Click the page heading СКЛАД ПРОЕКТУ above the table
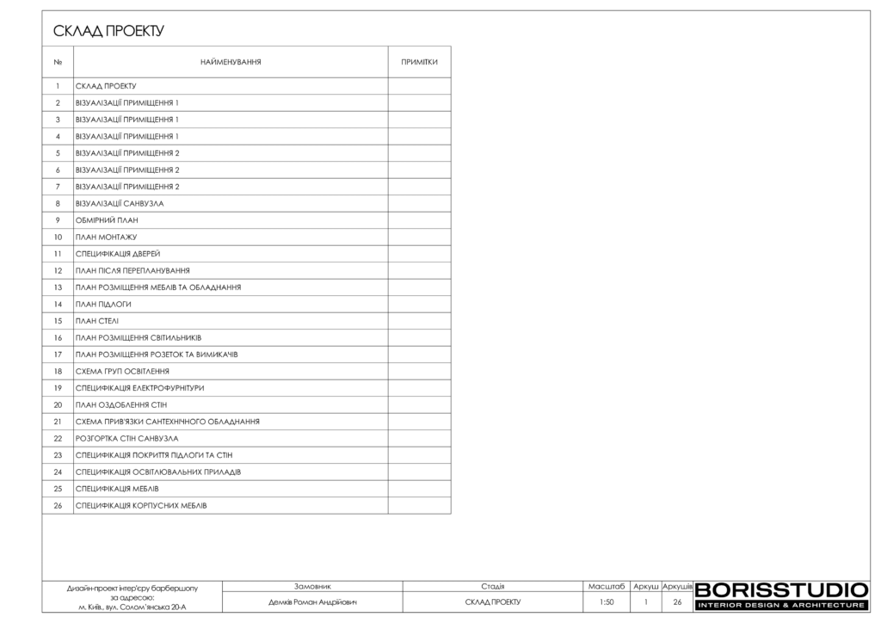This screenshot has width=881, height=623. (x=108, y=32)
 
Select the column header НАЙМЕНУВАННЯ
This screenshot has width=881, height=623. (x=231, y=62)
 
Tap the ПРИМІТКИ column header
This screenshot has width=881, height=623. (x=419, y=62)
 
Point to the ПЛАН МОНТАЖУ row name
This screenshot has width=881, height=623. (x=106, y=237)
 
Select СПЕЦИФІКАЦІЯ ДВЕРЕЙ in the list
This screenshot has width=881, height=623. (x=118, y=254)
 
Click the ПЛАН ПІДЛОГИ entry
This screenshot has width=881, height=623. (x=103, y=305)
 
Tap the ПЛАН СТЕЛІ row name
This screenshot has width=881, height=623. (x=96, y=321)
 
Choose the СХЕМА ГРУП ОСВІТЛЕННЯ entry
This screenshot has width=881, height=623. (x=122, y=372)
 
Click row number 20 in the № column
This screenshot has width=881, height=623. (x=58, y=405)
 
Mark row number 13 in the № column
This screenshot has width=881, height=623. (x=58, y=287)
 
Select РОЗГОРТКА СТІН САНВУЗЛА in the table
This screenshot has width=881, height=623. (x=126, y=439)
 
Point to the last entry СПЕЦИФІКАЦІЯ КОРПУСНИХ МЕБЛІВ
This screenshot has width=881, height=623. (x=141, y=506)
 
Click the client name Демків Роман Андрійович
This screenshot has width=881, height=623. (x=312, y=602)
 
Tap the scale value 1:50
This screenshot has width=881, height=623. (x=607, y=602)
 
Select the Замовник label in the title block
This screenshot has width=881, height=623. (x=312, y=586)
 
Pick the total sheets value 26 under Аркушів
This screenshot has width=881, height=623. (x=677, y=602)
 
